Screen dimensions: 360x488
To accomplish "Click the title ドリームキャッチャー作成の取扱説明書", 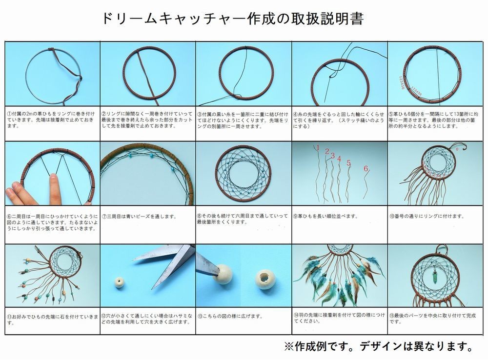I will coord(233,19).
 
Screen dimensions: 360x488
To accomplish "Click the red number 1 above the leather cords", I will coord(317,147).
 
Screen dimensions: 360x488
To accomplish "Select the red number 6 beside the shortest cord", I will coord(366,168).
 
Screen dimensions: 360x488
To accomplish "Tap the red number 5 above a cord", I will coord(348,162).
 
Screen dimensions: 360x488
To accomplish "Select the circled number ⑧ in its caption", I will coord(200,215).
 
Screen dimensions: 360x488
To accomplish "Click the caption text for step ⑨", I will coord(327,216).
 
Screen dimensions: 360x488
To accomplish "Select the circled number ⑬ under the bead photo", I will coord(200,316).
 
